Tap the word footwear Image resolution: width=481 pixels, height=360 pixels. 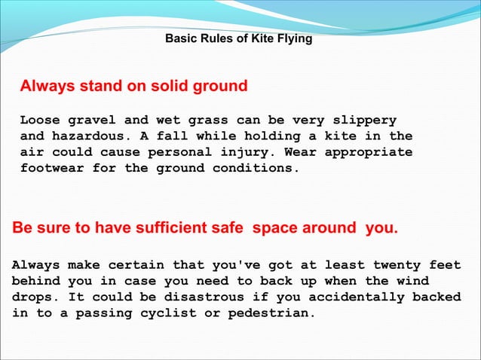pos(52,168)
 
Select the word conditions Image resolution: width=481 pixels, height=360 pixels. pos(261,168)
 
